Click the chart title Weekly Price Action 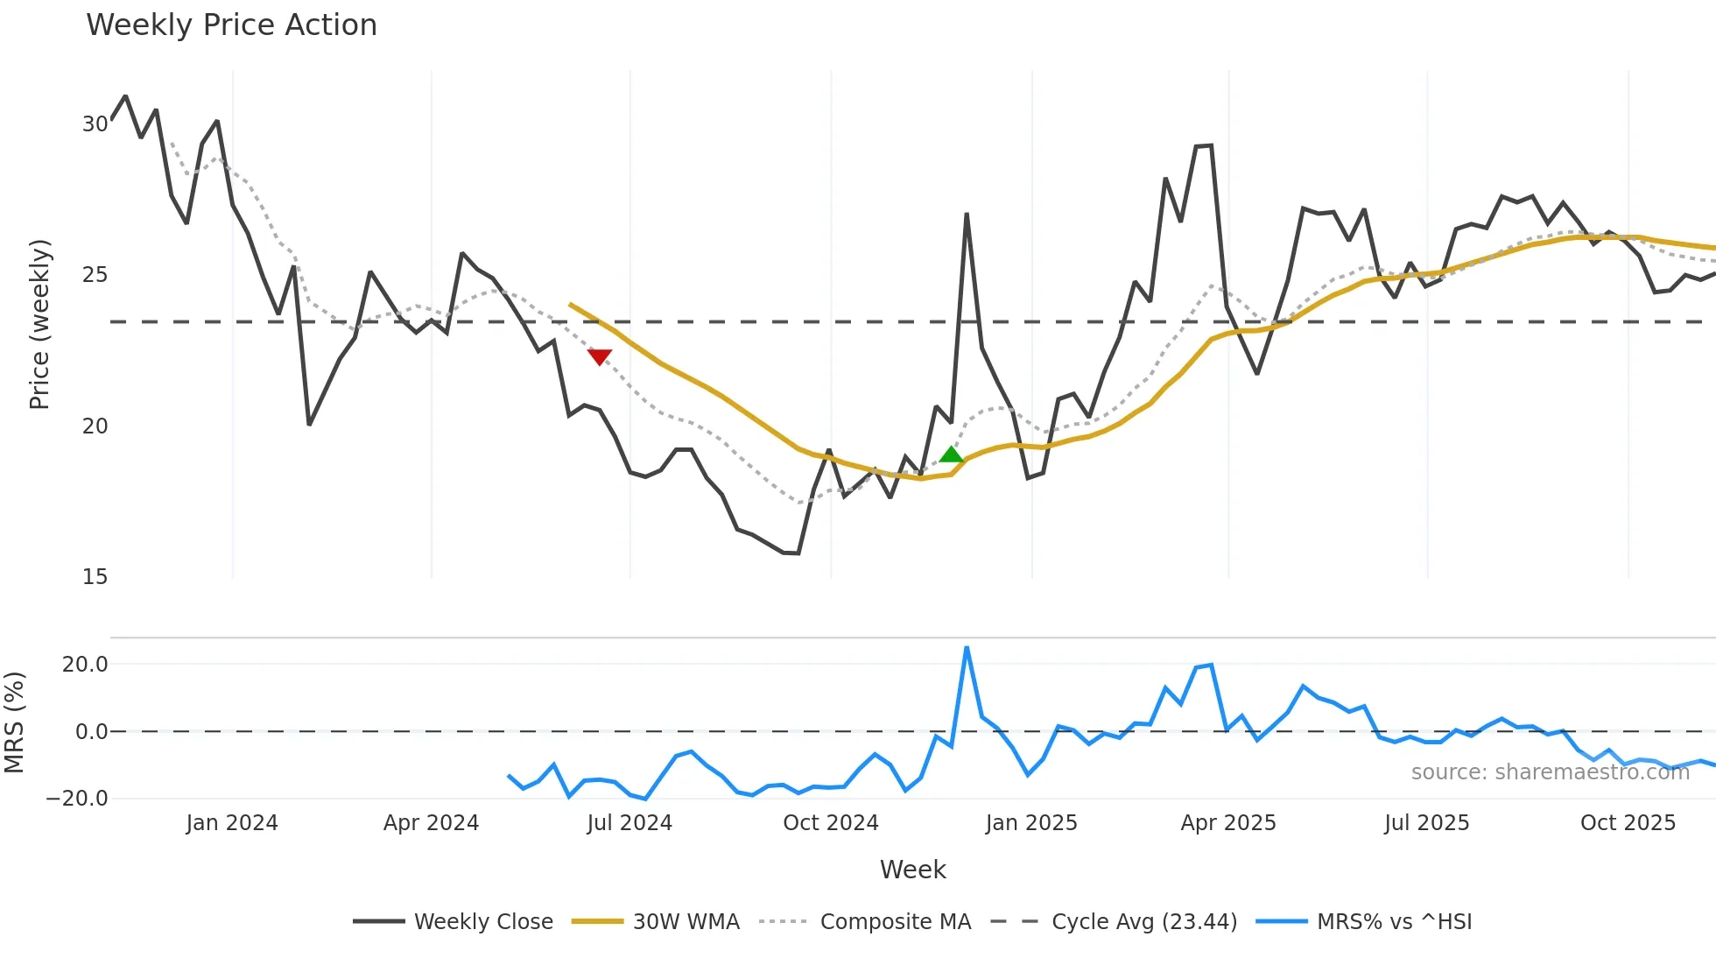(x=231, y=25)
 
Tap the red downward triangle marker (x=600, y=356)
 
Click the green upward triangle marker (x=952, y=454)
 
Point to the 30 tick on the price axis (x=95, y=124)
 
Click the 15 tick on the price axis (x=95, y=577)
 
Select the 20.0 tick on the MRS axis (x=85, y=665)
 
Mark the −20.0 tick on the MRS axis (x=77, y=799)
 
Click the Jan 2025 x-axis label (x=1031, y=823)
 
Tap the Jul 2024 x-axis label (x=629, y=823)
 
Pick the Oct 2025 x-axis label (x=1628, y=823)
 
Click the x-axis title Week (x=912, y=870)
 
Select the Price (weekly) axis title (x=39, y=324)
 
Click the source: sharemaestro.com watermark (x=1550, y=772)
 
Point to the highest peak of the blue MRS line (x=967, y=648)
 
